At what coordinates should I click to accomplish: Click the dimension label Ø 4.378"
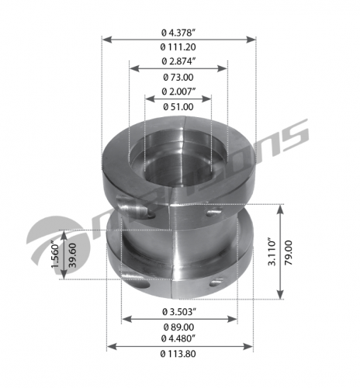pyautogui.click(x=178, y=33)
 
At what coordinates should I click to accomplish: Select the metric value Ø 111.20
pyautogui.click(x=178, y=47)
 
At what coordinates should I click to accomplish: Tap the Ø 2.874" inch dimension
pyautogui.click(x=178, y=61)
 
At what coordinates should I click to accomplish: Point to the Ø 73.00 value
pyautogui.click(x=178, y=77)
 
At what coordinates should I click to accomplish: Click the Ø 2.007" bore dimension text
pyautogui.click(x=178, y=92)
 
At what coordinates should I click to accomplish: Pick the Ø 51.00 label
pyautogui.click(x=178, y=107)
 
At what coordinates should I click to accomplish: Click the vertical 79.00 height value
pyautogui.click(x=288, y=252)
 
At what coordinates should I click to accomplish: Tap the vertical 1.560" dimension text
pyautogui.click(x=56, y=255)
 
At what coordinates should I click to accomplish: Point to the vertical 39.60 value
pyautogui.click(x=72, y=255)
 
